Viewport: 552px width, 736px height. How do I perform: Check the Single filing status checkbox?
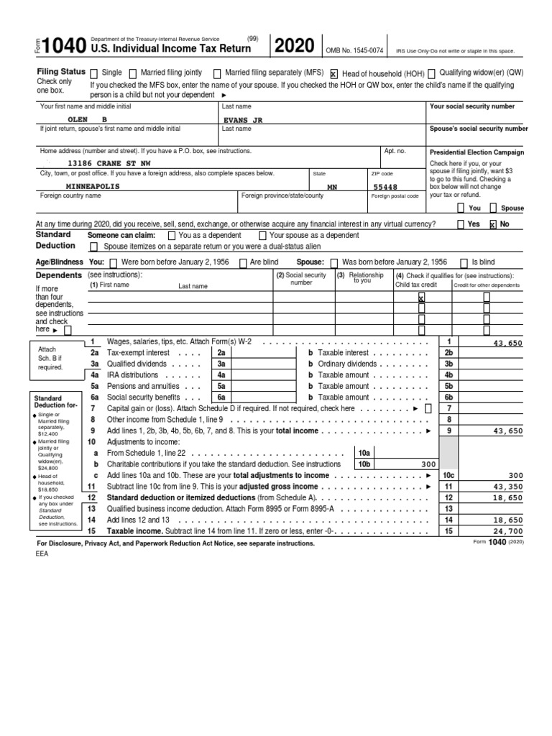coord(94,73)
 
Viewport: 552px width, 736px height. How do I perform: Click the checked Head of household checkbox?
coord(333,73)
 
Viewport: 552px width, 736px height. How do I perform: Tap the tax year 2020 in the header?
coord(293,46)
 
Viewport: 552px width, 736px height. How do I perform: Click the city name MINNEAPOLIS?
coord(93,185)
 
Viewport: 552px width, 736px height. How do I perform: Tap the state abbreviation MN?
coord(332,186)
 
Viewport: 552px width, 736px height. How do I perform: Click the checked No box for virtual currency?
coord(492,224)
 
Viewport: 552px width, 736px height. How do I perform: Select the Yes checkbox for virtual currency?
coord(460,224)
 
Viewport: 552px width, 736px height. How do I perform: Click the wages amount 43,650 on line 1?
coord(507,344)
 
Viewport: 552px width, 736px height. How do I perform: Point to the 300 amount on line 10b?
coord(428,464)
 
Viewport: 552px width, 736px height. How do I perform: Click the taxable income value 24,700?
coord(508,530)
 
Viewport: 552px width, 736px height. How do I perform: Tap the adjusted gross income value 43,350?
coord(508,487)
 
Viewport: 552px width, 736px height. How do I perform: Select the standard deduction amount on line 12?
coord(508,497)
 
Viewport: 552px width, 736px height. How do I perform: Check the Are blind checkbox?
coord(244,262)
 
